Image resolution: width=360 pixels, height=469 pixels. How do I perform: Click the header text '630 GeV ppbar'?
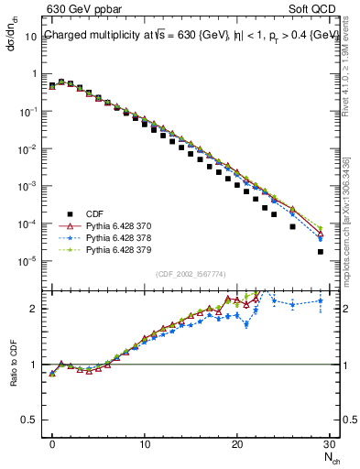click(79, 10)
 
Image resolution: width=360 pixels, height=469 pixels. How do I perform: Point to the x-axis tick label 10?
click(145, 443)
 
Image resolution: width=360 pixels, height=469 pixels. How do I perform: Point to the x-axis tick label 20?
click(237, 443)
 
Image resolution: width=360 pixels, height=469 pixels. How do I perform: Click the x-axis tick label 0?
click(52, 443)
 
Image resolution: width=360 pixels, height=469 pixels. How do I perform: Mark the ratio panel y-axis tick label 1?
click(38, 365)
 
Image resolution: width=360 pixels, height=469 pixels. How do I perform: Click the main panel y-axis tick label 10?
click(34, 36)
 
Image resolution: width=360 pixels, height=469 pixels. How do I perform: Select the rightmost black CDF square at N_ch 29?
click(320, 251)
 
